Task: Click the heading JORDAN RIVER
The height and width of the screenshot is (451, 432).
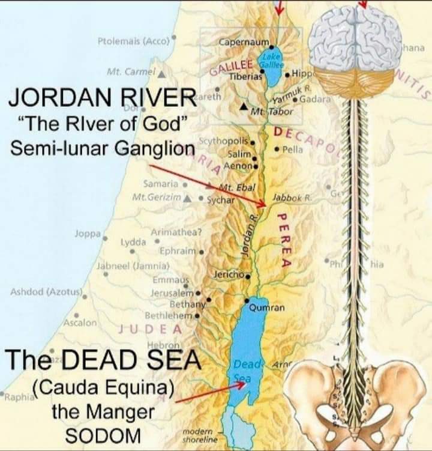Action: [101, 97]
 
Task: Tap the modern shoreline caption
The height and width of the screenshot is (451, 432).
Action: [198, 436]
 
